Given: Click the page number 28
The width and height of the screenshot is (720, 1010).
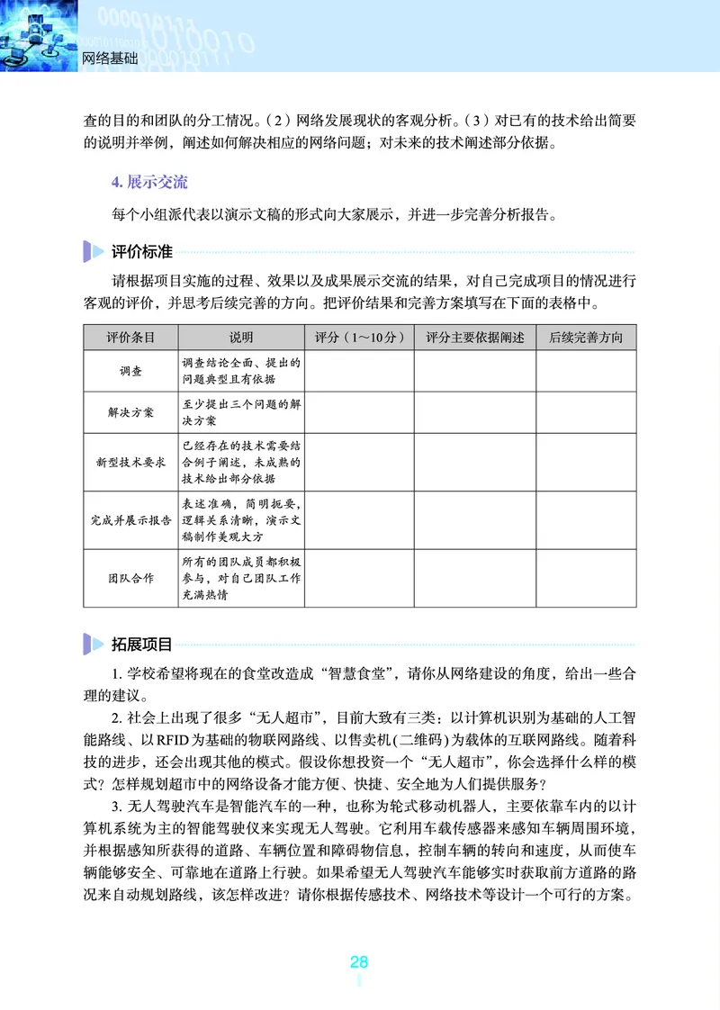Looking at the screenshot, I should tap(359, 961).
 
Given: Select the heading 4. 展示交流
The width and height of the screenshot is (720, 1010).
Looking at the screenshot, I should tap(149, 182).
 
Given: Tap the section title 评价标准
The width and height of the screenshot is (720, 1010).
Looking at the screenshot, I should tap(141, 251).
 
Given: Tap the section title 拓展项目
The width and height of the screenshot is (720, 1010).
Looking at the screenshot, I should tap(141, 644).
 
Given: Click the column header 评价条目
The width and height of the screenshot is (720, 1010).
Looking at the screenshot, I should tap(130, 338).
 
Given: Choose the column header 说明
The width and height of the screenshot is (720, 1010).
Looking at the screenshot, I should tap(241, 338).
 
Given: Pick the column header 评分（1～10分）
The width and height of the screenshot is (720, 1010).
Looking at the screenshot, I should tap(359, 338).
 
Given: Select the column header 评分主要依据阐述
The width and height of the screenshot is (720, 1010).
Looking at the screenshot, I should tap(474, 338).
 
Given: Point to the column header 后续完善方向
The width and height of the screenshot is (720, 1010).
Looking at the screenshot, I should tap(586, 338).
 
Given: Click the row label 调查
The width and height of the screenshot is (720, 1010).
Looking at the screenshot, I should tap(130, 371).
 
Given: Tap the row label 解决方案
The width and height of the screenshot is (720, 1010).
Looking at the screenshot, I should tap(130, 413).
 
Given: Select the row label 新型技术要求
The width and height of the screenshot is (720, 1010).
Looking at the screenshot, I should tap(130, 462).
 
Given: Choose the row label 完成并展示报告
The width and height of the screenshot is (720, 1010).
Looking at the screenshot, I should tap(130, 520).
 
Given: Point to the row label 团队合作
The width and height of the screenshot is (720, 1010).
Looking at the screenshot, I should tap(130, 578).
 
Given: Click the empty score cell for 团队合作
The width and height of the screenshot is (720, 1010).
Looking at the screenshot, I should tap(359, 578).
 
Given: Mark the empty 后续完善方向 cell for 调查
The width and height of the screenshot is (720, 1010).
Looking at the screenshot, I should tap(586, 371).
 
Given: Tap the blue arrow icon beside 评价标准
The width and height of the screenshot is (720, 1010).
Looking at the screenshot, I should tap(93, 251).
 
